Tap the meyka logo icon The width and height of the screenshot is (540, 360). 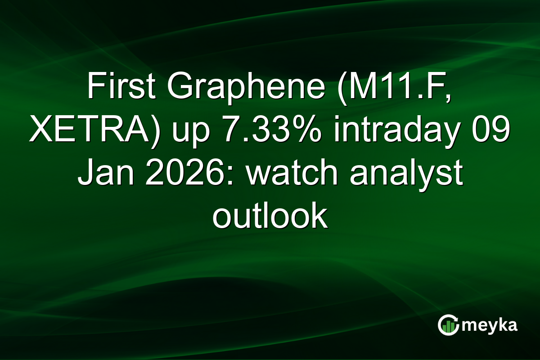(x=448, y=324)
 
